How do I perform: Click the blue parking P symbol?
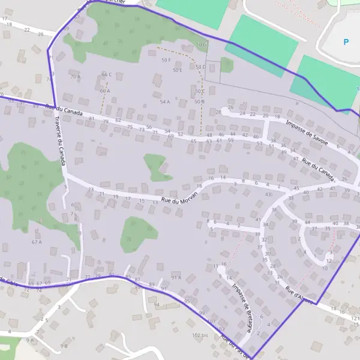346,42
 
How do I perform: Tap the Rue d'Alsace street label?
298,295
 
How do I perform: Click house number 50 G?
201,44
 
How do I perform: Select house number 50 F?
166,60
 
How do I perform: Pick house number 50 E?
177,70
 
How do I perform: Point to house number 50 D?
200,67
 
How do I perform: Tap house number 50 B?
199,101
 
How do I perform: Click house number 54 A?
164,102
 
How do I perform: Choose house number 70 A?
75,77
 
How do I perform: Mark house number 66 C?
107,74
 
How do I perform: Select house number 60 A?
105,91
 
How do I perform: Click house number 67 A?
37,242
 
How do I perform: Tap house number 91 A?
176,277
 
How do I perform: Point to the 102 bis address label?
200,335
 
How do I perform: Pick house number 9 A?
30,340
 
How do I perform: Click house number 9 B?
64,346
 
